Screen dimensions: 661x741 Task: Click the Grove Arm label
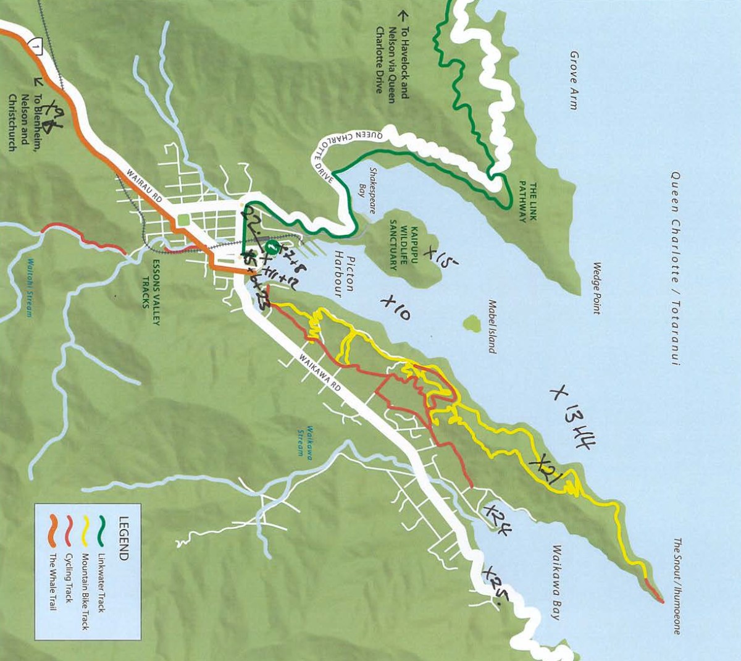[574, 80]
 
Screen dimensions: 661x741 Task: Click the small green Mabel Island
[472, 322]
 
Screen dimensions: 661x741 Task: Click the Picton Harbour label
[343, 275]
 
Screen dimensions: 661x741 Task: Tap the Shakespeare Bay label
[368, 191]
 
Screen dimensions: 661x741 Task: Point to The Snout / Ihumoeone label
[677, 586]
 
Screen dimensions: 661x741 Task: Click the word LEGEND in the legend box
[123, 538]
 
